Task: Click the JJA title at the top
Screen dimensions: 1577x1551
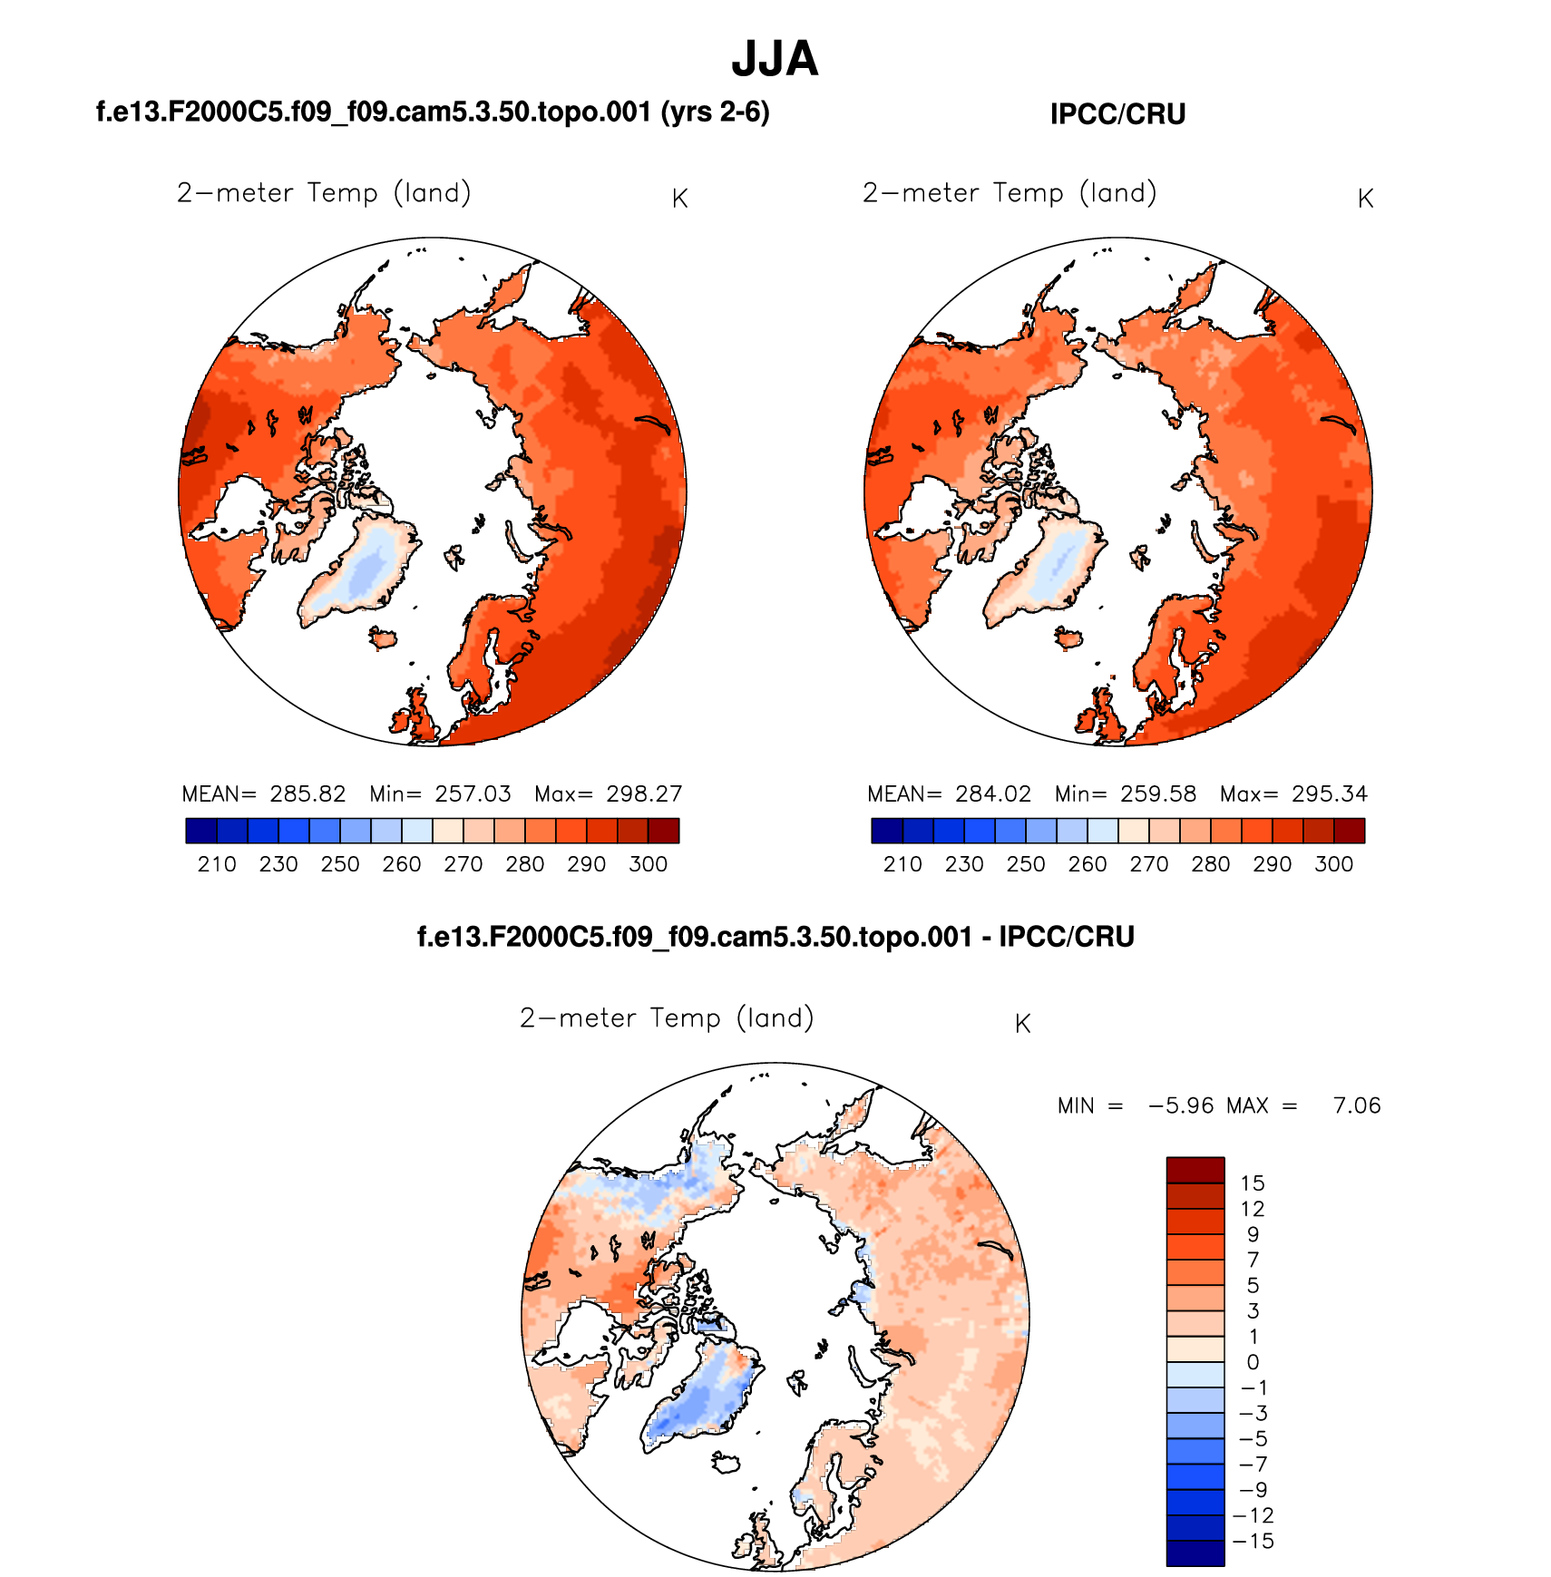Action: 775,59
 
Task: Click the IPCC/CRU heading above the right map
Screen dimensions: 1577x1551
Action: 1117,114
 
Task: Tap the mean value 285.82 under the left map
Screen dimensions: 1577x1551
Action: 307,794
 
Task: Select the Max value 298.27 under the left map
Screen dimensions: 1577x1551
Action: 644,794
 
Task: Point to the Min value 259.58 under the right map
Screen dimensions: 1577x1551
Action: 1158,794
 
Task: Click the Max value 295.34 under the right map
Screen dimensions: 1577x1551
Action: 1330,794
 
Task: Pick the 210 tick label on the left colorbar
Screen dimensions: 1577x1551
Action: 217,864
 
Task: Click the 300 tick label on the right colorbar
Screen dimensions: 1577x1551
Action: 1333,864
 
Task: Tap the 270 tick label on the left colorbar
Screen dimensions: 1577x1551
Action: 463,864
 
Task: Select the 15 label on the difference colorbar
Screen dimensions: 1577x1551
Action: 1253,1183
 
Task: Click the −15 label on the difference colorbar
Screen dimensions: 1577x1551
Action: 1253,1541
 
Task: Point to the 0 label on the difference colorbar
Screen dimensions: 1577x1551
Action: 1253,1362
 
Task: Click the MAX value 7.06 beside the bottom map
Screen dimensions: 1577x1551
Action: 1357,1105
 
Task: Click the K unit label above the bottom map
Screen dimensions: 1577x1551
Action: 1022,1024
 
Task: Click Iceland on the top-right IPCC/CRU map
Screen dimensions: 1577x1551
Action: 1069,639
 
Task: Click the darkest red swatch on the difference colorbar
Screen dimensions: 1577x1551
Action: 1195,1170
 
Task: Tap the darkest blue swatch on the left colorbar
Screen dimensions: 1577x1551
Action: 201,831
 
